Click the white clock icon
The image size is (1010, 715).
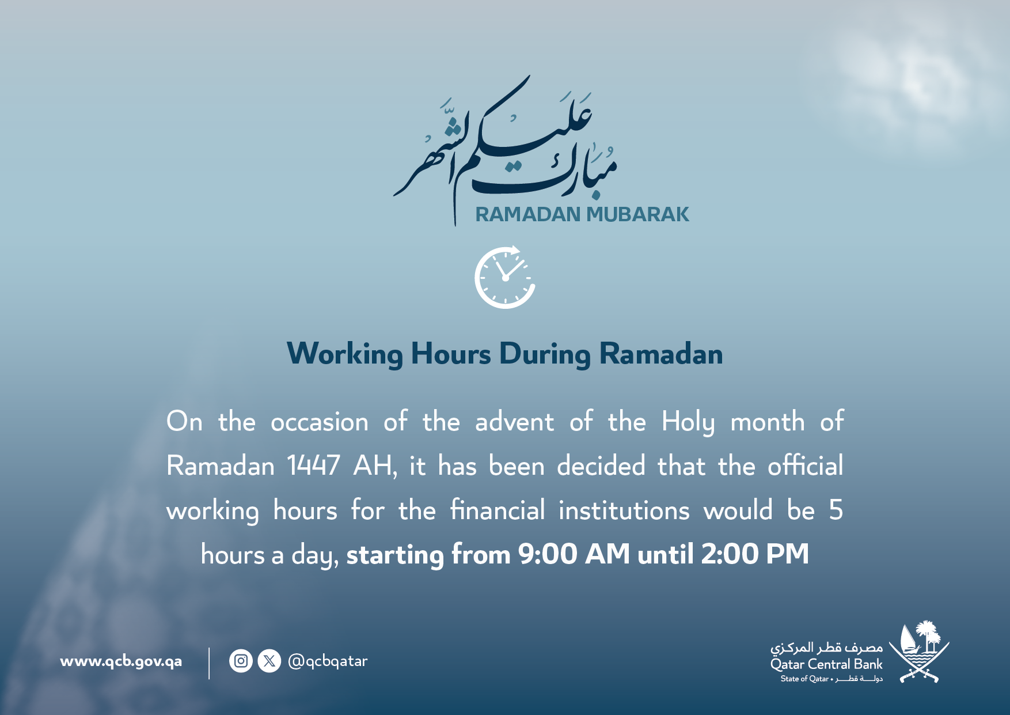[505, 277]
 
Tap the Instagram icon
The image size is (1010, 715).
[241, 661]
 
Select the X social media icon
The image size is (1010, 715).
[269, 661]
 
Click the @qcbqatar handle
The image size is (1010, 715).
[328, 661]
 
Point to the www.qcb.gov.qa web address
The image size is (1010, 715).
[121, 661]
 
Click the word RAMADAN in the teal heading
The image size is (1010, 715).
[527, 214]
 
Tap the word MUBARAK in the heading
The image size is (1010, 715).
[637, 214]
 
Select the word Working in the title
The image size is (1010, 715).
[345, 354]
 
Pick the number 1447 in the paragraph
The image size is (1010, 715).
[314, 466]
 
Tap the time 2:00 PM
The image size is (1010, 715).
[755, 554]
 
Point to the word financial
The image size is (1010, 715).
[498, 510]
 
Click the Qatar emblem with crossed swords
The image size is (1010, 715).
[920, 652]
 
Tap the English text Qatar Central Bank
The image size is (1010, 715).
[826, 664]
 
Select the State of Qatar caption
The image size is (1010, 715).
[804, 679]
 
